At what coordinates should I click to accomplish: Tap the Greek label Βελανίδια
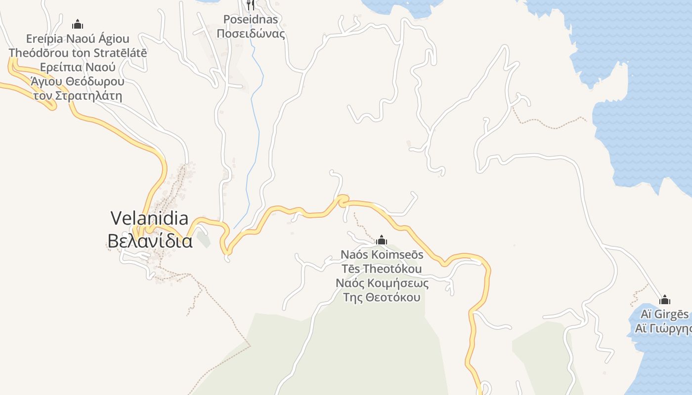tap(150, 241)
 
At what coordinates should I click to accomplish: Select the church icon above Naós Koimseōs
tap(382, 240)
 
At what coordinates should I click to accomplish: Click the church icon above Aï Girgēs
tap(665, 300)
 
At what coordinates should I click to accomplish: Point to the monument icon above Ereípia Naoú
tap(78, 24)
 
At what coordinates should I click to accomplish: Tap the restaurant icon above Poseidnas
tap(251, 4)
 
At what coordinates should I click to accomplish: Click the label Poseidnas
tap(251, 20)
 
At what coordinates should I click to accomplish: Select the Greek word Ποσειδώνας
tap(251, 34)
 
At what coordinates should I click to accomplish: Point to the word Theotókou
tap(392, 269)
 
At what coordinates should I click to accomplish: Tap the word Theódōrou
tap(40, 52)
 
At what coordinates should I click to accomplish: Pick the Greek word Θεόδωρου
tap(93, 81)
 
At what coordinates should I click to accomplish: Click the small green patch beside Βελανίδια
tap(203, 239)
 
